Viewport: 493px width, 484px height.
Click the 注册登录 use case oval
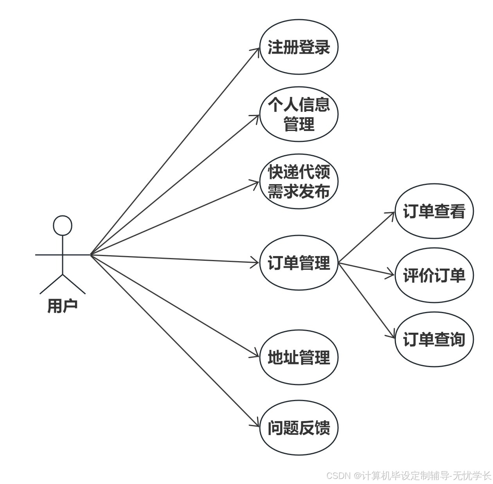(x=299, y=47)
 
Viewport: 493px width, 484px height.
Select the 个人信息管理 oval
(x=299, y=114)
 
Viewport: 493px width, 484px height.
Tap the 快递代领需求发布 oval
(x=299, y=181)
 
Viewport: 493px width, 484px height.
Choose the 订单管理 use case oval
(x=299, y=263)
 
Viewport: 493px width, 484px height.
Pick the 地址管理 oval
(x=299, y=357)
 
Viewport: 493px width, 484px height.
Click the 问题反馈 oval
(x=299, y=428)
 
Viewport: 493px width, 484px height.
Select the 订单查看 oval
(x=434, y=211)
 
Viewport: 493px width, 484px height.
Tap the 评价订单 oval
(x=434, y=275)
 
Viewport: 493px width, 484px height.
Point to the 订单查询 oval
(x=434, y=339)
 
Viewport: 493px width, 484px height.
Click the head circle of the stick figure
(x=63, y=226)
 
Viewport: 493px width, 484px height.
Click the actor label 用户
(x=63, y=305)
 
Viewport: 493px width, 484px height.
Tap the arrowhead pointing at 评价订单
(x=391, y=274)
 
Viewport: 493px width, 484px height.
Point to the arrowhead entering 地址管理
(x=256, y=355)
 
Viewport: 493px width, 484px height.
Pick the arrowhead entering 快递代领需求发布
(x=256, y=183)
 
